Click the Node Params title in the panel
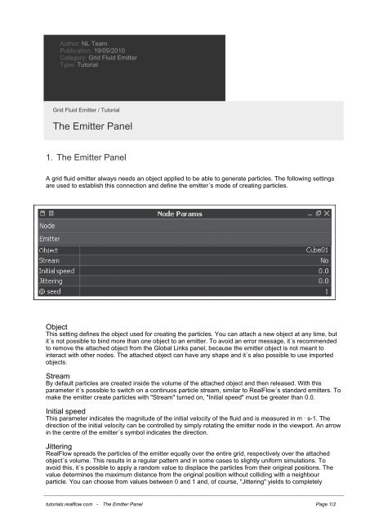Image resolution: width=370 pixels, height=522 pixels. tap(181, 213)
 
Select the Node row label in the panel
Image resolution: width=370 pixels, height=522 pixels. tap(47, 224)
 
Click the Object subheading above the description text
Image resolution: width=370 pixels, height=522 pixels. tap(56, 326)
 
